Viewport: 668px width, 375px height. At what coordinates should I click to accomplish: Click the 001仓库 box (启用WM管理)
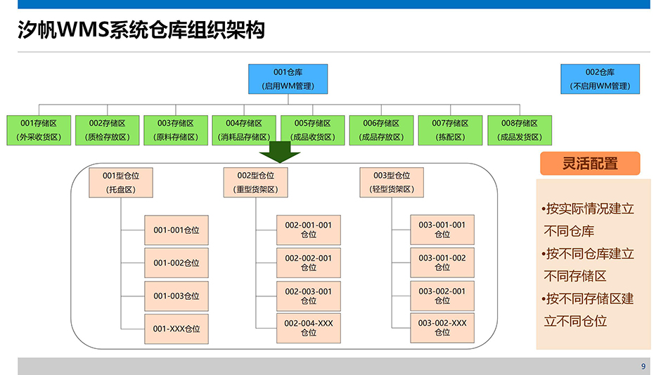point(288,79)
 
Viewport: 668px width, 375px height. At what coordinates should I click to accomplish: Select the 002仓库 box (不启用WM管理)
point(600,79)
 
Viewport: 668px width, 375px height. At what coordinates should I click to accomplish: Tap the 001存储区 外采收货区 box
point(38,131)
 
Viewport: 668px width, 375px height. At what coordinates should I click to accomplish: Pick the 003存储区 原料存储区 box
point(175,131)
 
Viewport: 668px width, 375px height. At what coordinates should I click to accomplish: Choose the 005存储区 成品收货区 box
point(313,131)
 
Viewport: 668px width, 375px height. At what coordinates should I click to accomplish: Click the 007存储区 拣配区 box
point(450,131)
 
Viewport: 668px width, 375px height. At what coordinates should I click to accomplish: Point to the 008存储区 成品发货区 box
point(519,131)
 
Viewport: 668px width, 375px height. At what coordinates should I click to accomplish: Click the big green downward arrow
point(280,152)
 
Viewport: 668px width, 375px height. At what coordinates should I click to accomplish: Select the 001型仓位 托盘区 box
point(121,183)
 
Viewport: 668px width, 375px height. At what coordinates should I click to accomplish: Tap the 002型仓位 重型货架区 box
point(255,183)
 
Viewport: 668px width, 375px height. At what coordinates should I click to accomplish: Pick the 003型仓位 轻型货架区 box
point(392,183)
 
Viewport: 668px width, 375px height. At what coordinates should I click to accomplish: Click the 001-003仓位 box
point(176,296)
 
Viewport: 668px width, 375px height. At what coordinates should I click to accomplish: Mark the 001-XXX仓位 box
point(176,329)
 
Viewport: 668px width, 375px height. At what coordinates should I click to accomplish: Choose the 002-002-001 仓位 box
point(309,263)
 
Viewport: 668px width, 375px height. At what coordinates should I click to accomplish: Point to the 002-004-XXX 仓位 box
point(309,328)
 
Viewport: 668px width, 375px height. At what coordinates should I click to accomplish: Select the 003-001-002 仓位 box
point(442,263)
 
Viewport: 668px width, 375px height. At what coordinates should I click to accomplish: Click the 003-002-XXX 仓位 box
point(442,328)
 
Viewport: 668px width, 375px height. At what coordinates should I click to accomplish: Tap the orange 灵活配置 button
point(590,164)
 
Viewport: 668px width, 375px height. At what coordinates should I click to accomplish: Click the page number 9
point(643,367)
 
